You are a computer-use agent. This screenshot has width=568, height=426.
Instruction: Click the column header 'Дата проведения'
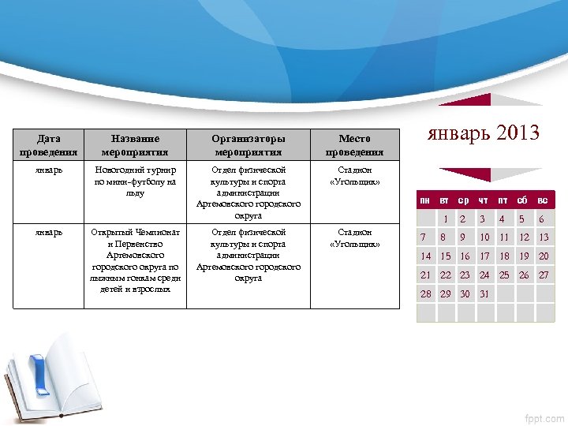coord(49,145)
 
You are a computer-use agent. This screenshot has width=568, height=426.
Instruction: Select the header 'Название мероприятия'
coord(135,145)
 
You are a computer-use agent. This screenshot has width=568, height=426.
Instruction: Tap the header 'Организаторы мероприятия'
coord(248,145)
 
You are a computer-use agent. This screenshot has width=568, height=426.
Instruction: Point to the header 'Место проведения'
coord(354,145)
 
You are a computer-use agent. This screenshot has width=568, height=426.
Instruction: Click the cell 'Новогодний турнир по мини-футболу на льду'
coord(135,181)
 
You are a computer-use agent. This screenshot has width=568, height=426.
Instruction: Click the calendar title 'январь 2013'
coord(484,133)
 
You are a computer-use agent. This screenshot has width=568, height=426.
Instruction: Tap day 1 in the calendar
coord(446,219)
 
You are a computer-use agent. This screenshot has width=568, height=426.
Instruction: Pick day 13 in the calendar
coord(544,237)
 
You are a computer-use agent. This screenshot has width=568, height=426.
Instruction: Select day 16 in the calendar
coord(465,256)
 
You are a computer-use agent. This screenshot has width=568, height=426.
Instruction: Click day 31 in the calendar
coord(484,294)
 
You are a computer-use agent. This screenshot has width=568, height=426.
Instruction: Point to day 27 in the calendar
coord(544,275)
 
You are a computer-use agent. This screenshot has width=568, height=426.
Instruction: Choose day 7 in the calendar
coord(424,237)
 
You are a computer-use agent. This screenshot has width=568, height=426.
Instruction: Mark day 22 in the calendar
coord(446,275)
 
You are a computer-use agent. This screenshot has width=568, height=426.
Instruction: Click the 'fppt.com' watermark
coord(544,417)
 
